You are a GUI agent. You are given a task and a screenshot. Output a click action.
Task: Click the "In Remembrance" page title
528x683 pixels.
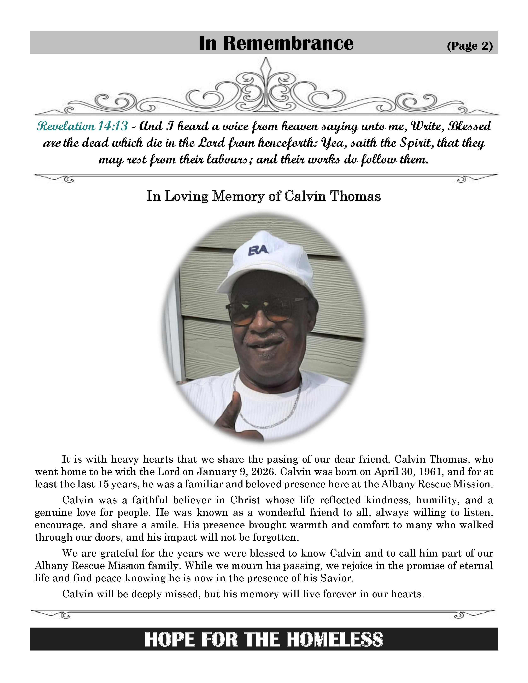pos(276,43)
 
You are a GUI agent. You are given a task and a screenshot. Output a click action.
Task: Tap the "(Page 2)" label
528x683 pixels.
pos(470,46)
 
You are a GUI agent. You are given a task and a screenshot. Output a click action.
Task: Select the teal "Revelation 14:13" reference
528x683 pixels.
pos(82,126)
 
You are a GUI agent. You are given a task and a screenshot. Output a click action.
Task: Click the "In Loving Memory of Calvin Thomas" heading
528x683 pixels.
pos(264,196)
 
